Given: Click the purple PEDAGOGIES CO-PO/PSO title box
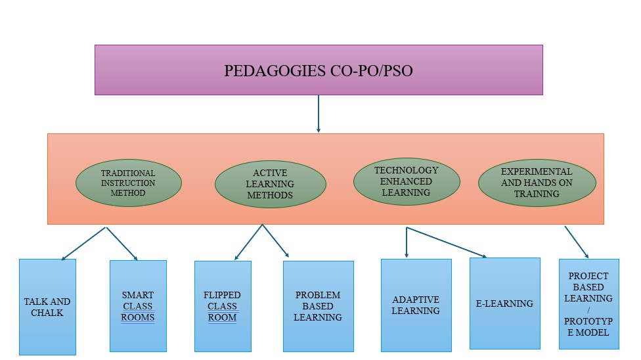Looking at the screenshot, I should (x=319, y=70).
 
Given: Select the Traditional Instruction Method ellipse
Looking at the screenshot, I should (x=128, y=183).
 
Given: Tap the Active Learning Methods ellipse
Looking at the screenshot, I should (x=270, y=184).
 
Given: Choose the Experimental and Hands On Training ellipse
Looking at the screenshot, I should (x=537, y=183).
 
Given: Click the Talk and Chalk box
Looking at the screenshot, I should (x=47, y=307).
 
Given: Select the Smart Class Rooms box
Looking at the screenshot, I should (x=138, y=305).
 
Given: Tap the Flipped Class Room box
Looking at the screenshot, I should (x=223, y=306).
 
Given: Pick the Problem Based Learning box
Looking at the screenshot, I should (x=318, y=306).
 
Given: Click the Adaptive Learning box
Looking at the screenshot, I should (x=416, y=305).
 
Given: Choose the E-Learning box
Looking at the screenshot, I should (x=504, y=303).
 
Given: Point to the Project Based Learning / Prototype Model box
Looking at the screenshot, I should (x=588, y=304).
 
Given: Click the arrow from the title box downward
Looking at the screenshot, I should (x=319, y=114).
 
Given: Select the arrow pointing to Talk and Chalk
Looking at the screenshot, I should (x=83, y=244).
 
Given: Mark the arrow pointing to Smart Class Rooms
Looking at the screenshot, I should (x=122, y=244).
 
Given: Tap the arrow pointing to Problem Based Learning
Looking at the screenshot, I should (x=276, y=241).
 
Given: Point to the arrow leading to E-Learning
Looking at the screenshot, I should (x=447, y=242).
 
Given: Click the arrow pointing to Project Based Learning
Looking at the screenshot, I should (x=576, y=242).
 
